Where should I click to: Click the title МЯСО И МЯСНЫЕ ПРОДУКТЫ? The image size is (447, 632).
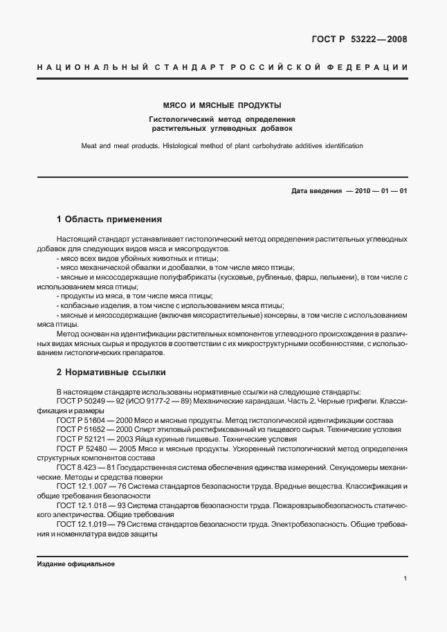point(221,106)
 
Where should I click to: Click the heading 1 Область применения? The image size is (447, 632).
point(109,219)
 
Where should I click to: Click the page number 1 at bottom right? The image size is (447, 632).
point(405,578)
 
